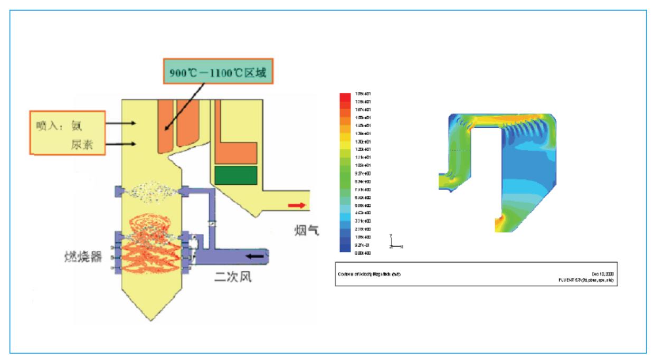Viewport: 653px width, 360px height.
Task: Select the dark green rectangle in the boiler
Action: coord(235,175)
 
